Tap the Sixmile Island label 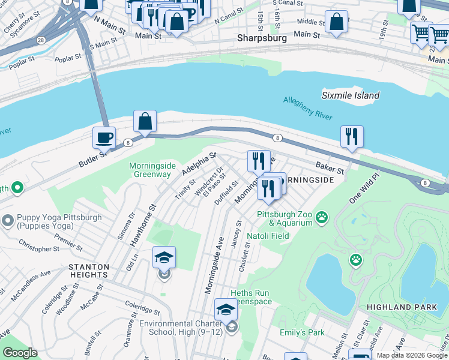(x=350, y=95)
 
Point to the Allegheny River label (x=307, y=109)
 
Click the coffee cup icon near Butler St (x=104, y=137)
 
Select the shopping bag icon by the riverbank (x=145, y=121)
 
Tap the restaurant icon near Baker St (x=352, y=136)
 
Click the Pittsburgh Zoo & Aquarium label (x=285, y=218)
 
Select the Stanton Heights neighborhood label (x=89, y=271)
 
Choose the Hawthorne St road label (x=142, y=224)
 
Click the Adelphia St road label (x=199, y=165)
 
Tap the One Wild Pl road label (x=363, y=188)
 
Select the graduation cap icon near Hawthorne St (x=164, y=257)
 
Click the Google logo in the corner (x=20, y=353)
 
